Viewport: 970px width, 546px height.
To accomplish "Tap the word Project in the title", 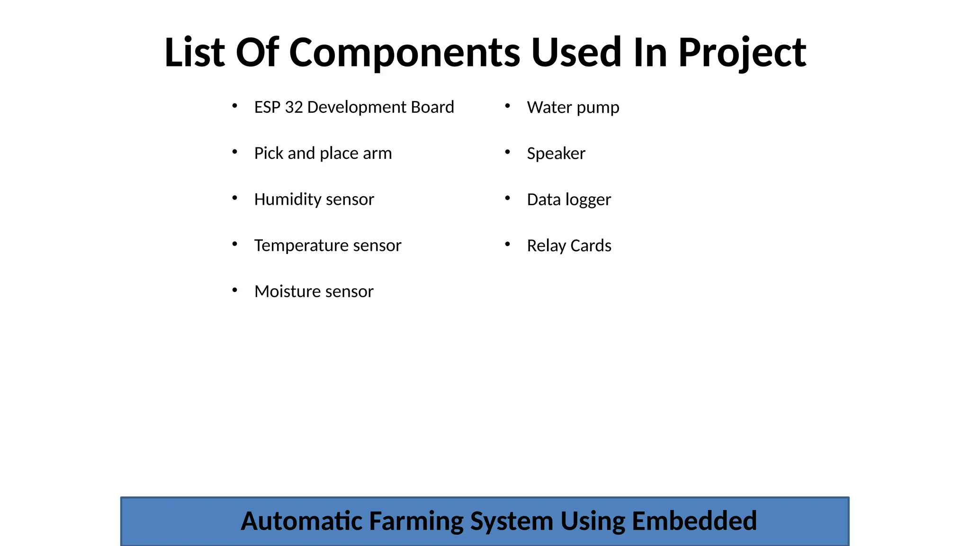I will coord(742,53).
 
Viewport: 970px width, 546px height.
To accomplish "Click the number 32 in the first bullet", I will coord(294,108).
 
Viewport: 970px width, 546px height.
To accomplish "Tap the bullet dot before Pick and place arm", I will coord(235,152).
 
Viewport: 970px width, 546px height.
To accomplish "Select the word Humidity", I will coord(288,200).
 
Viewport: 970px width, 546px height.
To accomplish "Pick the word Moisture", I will coord(287,291).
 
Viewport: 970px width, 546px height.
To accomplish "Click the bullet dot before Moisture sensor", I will coord(235,290).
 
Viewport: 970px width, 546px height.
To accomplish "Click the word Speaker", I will coord(556,154).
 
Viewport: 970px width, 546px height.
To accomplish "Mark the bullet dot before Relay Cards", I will coord(507,244).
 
